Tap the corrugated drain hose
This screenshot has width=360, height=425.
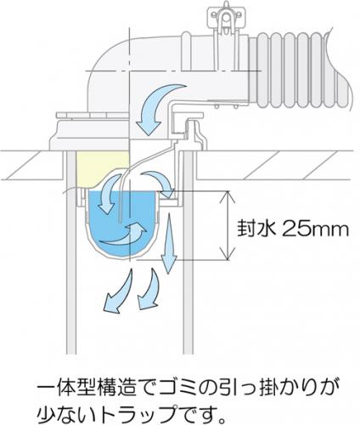click(x=300, y=71)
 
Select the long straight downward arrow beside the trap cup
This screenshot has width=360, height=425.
click(x=169, y=244)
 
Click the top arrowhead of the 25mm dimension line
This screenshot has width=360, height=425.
click(x=228, y=195)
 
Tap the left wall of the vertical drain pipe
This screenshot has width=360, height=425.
click(x=71, y=252)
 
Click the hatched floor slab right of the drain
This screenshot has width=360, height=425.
click(x=275, y=165)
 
